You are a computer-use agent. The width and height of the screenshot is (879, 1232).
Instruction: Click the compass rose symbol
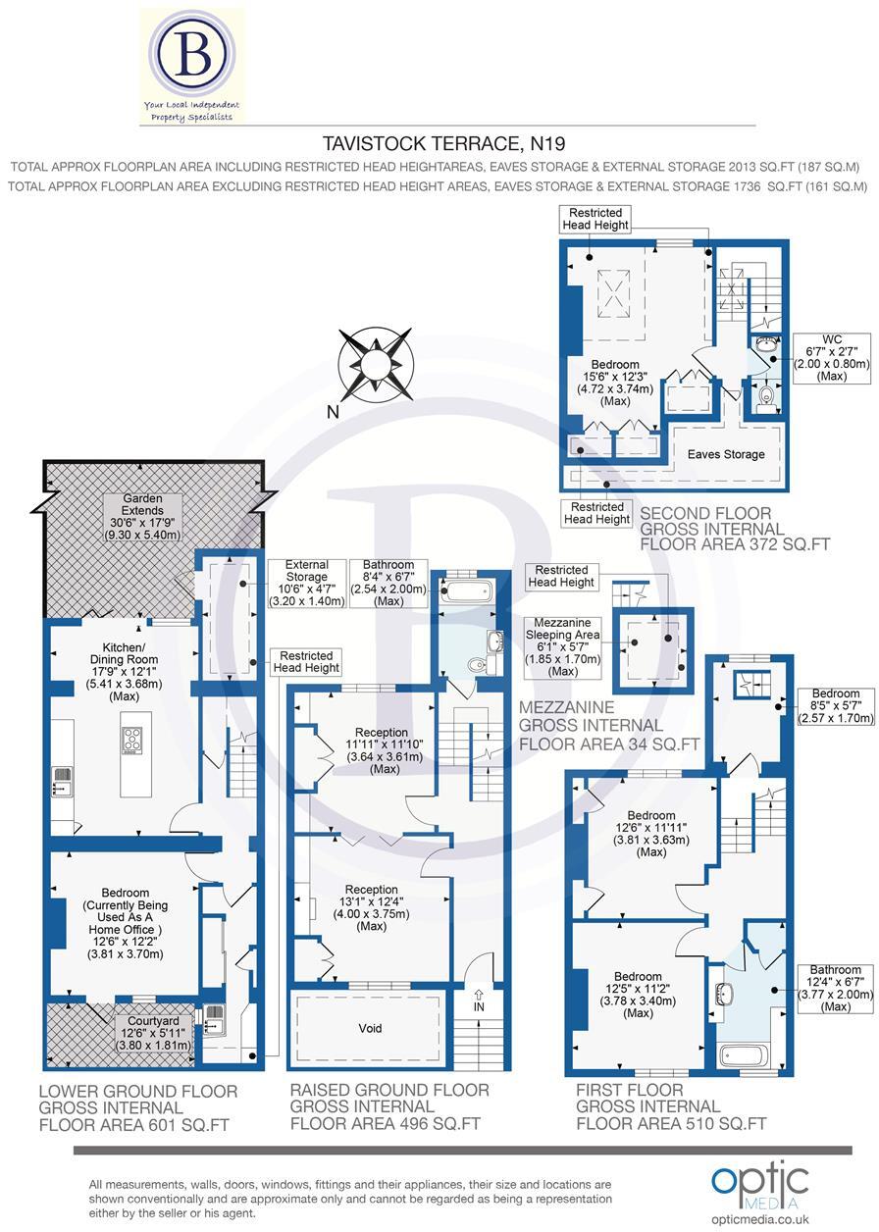(373, 365)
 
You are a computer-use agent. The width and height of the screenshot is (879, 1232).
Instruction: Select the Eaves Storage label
(725, 454)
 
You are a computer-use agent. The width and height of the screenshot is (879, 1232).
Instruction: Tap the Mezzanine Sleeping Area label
(562, 647)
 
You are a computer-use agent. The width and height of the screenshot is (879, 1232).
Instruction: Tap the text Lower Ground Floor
(137, 1091)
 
